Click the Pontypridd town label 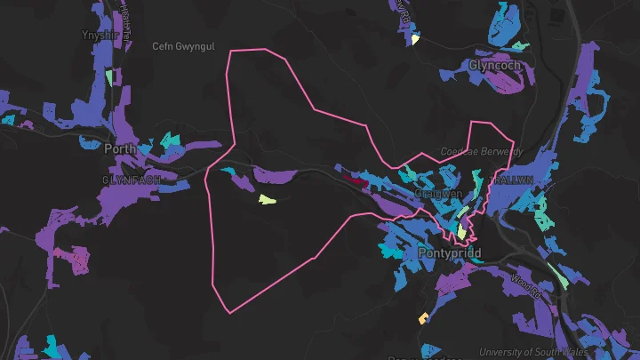coord(449,253)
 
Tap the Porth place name coord(120,148)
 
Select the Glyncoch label coord(493,65)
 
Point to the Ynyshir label coord(99,36)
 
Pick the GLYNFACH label coord(132,179)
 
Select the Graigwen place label coord(438,193)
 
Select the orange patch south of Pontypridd coord(423,318)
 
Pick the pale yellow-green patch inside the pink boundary coord(268,199)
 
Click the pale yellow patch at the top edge coord(415,39)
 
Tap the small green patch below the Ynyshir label coord(110,77)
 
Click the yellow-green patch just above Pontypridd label coord(461,231)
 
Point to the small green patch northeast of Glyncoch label coord(519,45)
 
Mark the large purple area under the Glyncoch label coord(504,82)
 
